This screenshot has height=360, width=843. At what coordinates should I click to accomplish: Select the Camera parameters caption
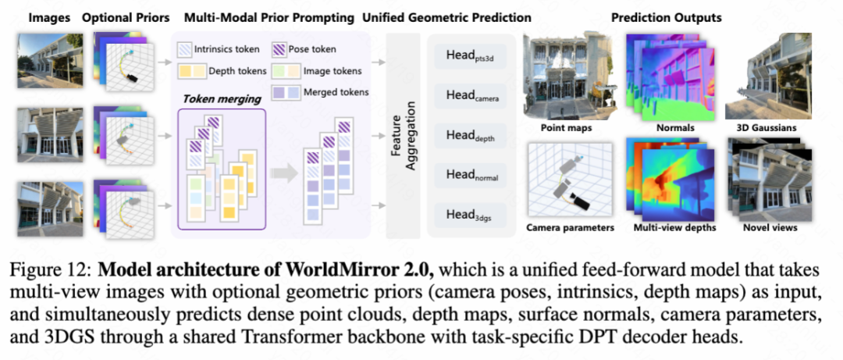click(570, 228)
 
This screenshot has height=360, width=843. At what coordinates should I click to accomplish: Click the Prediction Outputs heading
click(666, 17)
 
